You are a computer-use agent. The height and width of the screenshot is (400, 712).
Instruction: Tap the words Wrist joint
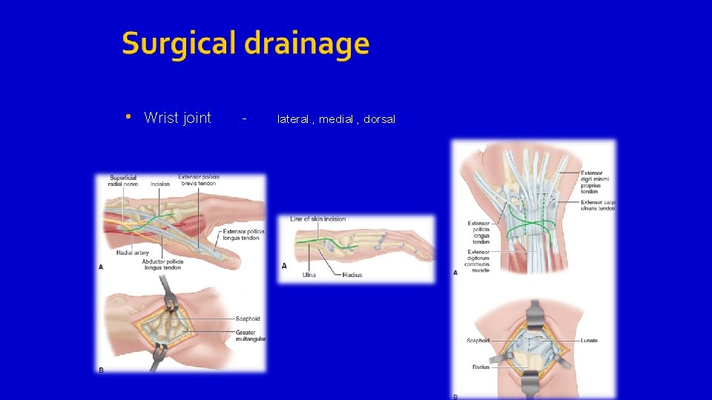(177, 118)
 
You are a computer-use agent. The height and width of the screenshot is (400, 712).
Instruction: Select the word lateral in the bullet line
(292, 119)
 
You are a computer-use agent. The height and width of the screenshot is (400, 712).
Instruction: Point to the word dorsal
(379, 119)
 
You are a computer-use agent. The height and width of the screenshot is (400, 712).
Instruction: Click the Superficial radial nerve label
(123, 180)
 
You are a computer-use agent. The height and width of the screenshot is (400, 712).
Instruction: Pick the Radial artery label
(133, 253)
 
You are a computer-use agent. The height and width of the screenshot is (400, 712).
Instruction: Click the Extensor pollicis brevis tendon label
(199, 180)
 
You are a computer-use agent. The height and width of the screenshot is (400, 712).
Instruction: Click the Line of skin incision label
(317, 219)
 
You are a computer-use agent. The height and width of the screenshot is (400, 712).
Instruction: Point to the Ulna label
(309, 275)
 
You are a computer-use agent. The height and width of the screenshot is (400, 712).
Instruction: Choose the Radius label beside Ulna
(352, 275)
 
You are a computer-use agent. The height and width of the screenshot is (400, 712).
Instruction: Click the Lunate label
(590, 341)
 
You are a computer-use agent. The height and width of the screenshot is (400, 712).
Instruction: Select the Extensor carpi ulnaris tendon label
(598, 205)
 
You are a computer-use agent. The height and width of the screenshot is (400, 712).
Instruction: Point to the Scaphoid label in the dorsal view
(478, 341)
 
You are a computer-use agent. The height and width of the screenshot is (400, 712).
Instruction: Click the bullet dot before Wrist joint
(128, 117)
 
